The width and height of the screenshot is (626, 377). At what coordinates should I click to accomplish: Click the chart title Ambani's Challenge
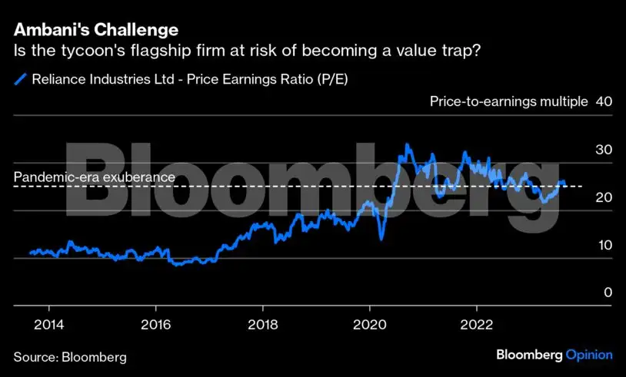pos(96,31)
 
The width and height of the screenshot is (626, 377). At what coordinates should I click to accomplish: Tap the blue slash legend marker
pos(20,78)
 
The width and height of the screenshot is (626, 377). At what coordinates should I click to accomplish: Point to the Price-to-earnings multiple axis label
pos(509,101)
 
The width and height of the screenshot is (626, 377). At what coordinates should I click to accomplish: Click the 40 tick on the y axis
pos(604,101)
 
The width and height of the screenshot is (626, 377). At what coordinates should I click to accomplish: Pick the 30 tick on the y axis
pos(604,149)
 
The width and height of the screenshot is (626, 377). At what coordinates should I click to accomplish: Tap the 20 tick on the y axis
pos(604,197)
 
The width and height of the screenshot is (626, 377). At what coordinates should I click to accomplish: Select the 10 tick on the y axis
pos(604,245)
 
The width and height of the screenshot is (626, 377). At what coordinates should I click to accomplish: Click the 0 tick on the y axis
pos(608,293)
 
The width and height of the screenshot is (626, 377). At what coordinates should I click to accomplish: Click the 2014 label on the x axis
pos(49,322)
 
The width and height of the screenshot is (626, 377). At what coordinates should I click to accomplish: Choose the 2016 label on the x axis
pos(156,322)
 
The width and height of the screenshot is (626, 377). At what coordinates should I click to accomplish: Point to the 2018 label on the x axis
pos(263,322)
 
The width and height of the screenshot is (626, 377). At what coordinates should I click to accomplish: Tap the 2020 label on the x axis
pos(370,322)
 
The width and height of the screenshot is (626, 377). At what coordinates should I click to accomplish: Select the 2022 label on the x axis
pos(477,322)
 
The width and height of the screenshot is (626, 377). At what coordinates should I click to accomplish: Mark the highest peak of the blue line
pos(407,145)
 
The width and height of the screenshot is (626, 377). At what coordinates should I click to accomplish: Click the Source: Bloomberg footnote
pos(70,357)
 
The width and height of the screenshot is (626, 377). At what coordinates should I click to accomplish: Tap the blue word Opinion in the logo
pos(589,355)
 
